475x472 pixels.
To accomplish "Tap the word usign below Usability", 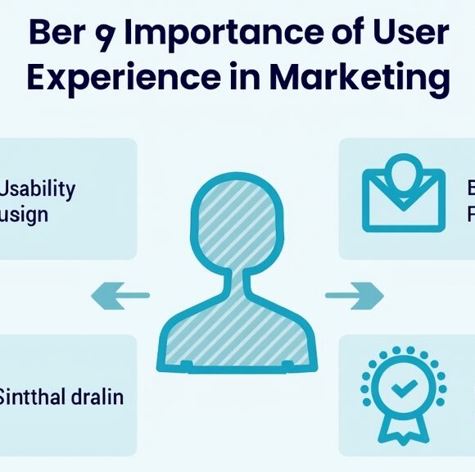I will (25, 216).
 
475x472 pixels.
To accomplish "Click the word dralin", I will (96, 398).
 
